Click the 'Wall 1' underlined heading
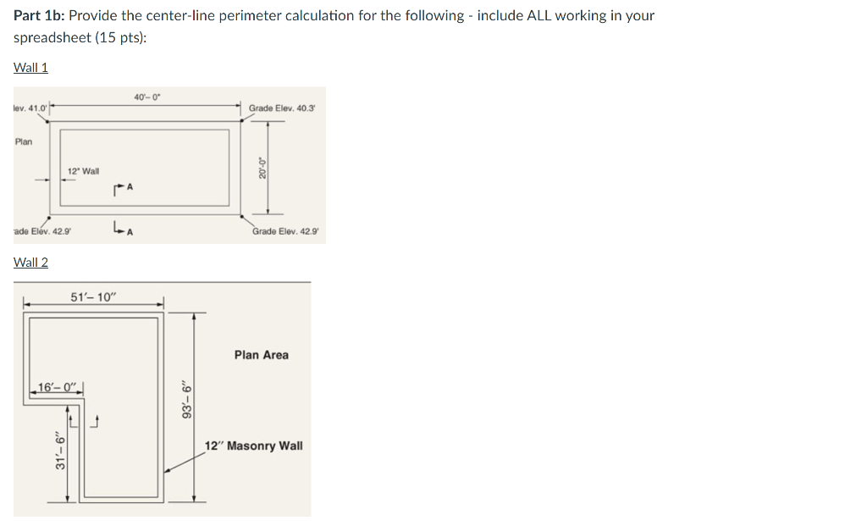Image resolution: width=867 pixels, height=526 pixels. click(x=31, y=68)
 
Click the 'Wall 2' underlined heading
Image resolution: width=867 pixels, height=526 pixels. click(x=31, y=263)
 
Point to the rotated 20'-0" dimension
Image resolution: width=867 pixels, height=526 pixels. click(x=262, y=167)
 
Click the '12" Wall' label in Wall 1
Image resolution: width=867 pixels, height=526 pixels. click(x=83, y=171)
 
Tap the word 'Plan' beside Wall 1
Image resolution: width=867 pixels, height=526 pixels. click(x=24, y=141)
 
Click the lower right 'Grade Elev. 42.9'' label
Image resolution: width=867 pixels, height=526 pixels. click(x=286, y=231)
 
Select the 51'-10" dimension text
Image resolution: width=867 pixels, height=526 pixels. click(x=94, y=296)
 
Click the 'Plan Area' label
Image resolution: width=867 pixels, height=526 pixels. click(x=261, y=355)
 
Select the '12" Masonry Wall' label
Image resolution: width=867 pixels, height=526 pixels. click(x=254, y=446)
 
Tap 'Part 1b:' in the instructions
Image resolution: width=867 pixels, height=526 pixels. click(x=40, y=16)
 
